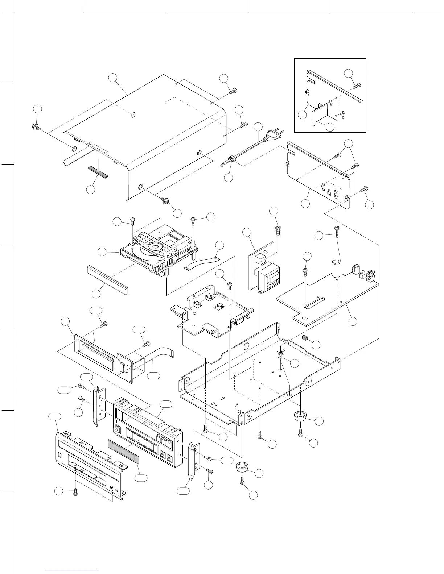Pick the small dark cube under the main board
(305, 338)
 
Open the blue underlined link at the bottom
(72, 571)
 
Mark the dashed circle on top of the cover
(133, 116)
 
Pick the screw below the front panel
(75, 492)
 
